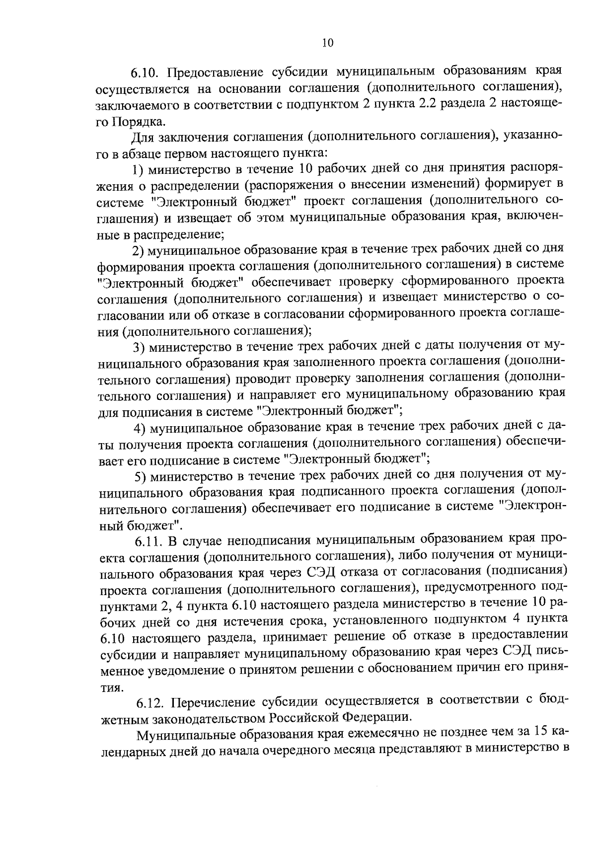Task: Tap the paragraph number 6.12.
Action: click(151, 703)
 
